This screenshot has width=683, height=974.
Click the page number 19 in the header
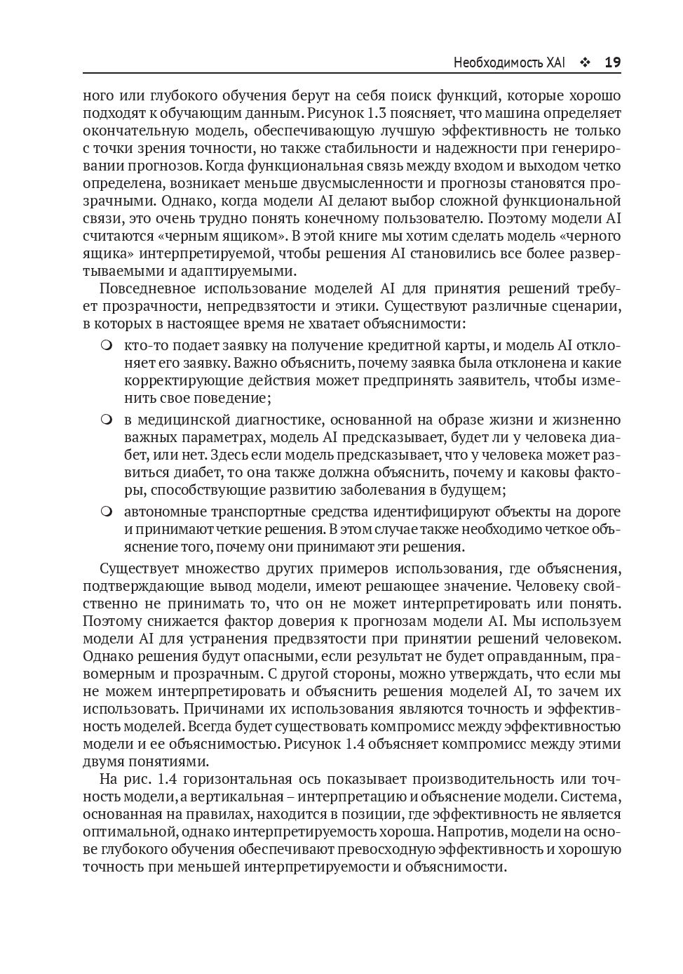pos(612,62)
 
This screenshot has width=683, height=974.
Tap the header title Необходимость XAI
pos(509,63)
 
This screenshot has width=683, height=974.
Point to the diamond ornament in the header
pos(585,63)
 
